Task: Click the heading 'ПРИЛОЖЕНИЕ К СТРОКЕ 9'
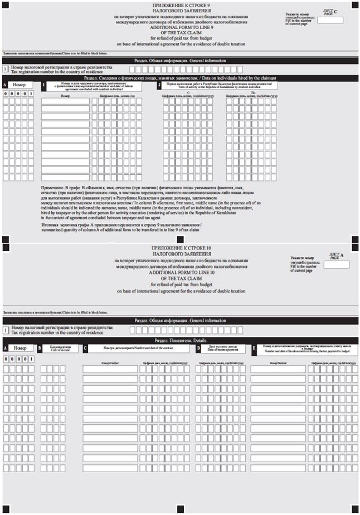click(x=181, y=5)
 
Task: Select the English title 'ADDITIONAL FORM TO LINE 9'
click(x=181, y=27)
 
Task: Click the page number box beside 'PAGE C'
click(x=333, y=20)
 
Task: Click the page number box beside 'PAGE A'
click(x=337, y=264)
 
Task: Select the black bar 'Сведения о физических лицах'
click(x=181, y=79)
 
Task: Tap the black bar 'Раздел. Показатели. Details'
click(x=181, y=340)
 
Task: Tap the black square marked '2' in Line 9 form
click(x=159, y=85)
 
